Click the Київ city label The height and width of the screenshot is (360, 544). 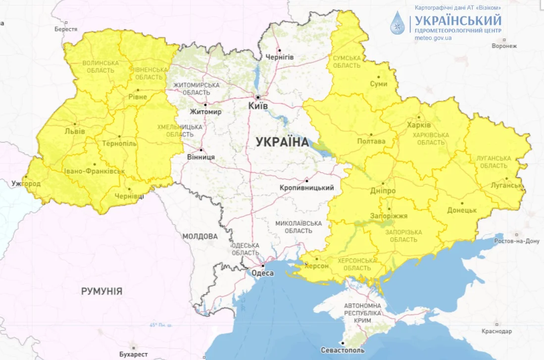click(257, 106)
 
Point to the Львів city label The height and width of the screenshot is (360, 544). click(74, 131)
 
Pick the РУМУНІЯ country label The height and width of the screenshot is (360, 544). click(101, 291)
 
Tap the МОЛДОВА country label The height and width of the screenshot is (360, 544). click(199, 236)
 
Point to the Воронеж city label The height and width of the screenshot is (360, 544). click(504, 46)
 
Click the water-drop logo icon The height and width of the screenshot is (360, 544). click(397, 23)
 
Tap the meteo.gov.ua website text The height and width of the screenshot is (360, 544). click(433, 38)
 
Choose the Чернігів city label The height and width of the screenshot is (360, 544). click(280, 57)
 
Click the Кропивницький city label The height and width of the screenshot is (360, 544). click(306, 188)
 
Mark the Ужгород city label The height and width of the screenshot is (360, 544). click(26, 184)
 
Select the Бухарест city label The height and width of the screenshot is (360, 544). click(133, 354)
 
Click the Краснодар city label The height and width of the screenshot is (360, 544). click(495, 331)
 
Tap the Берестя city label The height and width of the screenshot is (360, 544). click(66, 29)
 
